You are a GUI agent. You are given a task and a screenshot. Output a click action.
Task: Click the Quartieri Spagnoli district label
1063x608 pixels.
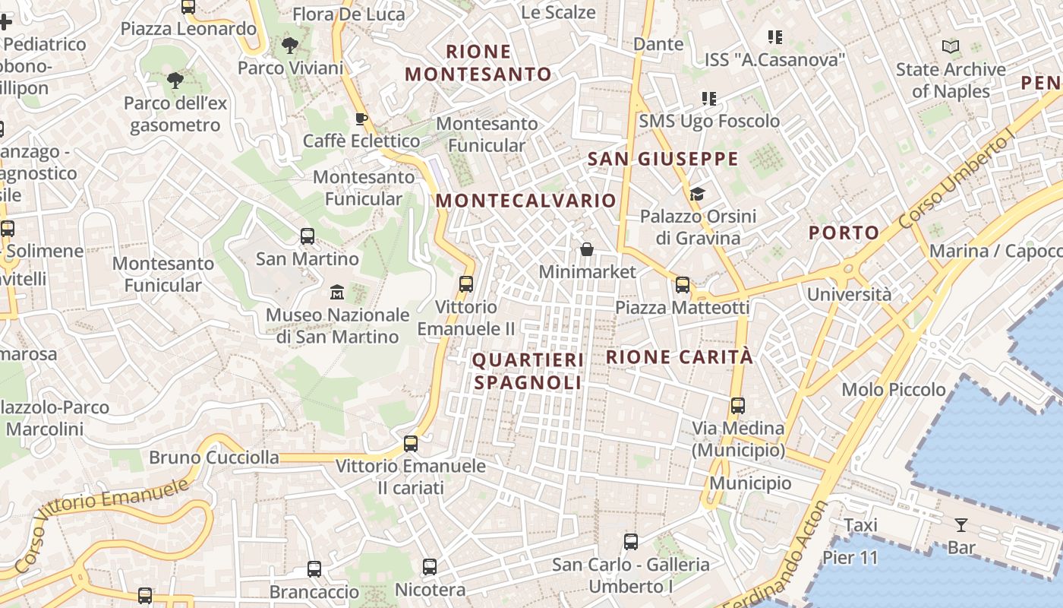tap(528, 371)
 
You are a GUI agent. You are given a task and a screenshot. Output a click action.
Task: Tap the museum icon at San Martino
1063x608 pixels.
tap(337, 292)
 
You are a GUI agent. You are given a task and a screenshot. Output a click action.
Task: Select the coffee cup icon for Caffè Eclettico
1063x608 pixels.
tap(361, 119)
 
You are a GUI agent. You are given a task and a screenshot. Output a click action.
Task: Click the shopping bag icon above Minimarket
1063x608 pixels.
tap(587, 249)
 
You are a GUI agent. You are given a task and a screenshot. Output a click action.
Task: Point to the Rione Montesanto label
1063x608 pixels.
tap(478, 63)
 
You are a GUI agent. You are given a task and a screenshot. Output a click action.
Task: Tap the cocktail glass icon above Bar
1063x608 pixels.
tap(961, 524)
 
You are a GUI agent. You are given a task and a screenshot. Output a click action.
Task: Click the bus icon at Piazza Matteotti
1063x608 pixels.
tap(683, 285)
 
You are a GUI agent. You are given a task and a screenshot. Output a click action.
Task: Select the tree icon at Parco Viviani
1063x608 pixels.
tap(289, 46)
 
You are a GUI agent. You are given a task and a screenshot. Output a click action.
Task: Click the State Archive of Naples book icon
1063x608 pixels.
tap(950, 47)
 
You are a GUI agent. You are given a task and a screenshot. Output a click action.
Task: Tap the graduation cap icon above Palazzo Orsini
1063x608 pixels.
tap(698, 194)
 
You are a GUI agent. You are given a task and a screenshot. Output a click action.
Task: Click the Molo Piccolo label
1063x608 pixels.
tap(894, 390)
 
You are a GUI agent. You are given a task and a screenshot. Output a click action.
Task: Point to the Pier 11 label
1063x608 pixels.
tap(850, 558)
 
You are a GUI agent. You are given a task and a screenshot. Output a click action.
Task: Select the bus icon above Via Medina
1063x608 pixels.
tap(737, 405)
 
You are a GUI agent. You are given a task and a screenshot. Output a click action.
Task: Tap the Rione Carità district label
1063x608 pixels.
tap(680, 356)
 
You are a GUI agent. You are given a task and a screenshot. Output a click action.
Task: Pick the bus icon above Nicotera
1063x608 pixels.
tap(430, 566)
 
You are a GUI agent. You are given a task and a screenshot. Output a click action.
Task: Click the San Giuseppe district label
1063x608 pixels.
tap(663, 159)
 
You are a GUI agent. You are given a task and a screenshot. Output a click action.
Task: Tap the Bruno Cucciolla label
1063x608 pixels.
tap(213, 458)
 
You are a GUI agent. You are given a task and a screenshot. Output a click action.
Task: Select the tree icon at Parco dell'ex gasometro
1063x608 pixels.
tap(175, 80)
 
